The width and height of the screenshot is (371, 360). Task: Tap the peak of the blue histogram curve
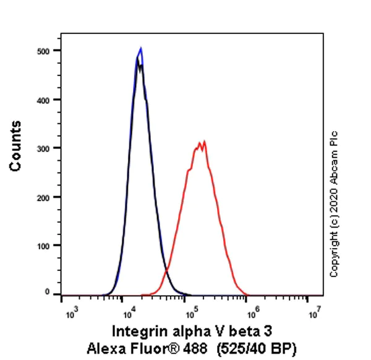(141, 48)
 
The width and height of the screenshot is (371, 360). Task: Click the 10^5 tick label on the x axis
(192, 309)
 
